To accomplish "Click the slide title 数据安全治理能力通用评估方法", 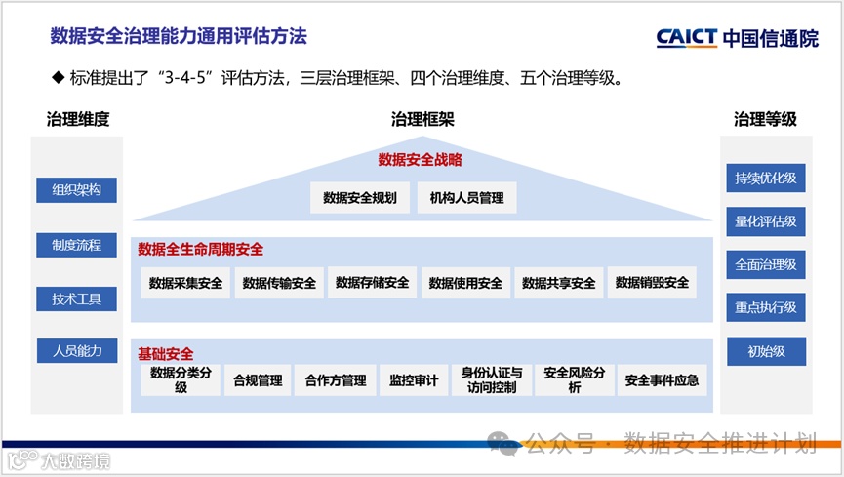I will point(179,37).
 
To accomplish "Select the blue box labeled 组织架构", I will point(77,190).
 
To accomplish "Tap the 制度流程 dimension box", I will point(77,245).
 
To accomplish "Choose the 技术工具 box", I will point(77,298).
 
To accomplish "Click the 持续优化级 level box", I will point(766,179).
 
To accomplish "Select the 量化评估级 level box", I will point(766,221).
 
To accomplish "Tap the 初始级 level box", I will point(766,351).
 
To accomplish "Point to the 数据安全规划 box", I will point(360,198).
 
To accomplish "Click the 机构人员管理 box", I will point(466,198).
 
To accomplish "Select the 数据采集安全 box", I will point(185,283).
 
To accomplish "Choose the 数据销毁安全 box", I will point(652,283).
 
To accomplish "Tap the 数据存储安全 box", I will point(372,283).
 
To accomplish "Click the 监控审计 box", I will point(414,380).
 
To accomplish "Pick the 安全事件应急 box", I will point(663,380).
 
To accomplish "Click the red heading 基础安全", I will point(166,353).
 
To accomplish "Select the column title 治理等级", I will point(765,120).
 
